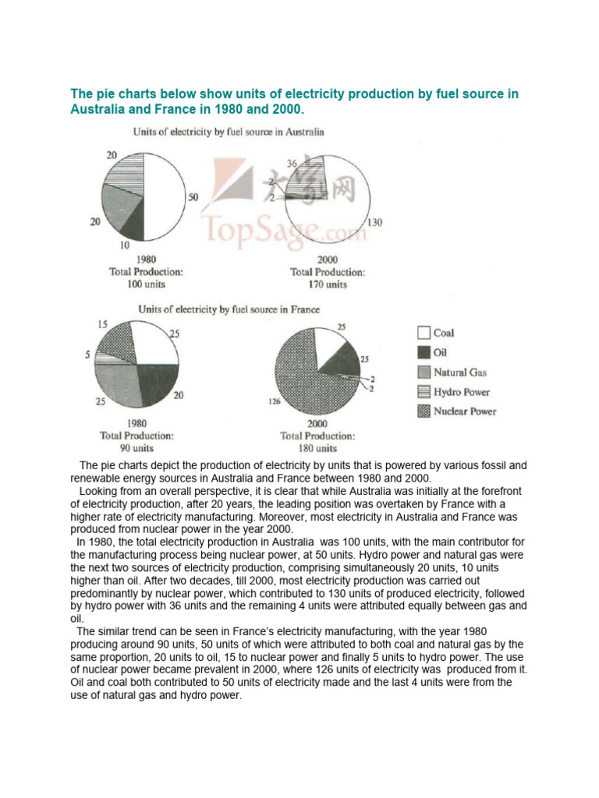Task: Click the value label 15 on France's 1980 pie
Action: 102,323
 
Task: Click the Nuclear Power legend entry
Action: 465,411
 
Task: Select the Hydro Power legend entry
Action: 461,392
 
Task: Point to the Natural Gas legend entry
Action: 461,373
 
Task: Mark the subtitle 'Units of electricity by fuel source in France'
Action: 229,309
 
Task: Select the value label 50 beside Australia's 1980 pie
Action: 194,198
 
